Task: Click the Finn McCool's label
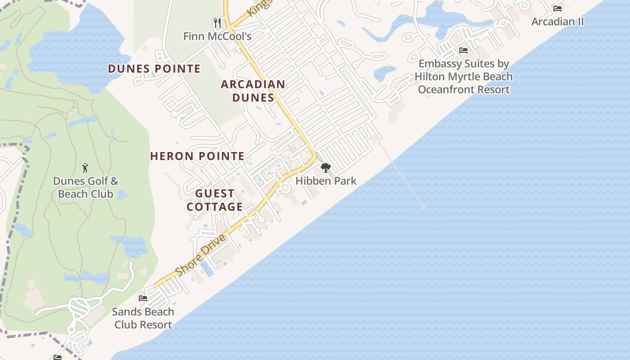pos(217,36)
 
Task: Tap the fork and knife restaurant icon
pos(217,22)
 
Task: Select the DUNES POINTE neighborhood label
pos(154,69)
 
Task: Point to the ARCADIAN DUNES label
pos(253,91)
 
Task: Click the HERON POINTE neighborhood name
pos(197,156)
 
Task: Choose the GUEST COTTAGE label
pos(215,200)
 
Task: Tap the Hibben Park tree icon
pos(325,168)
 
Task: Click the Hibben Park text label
pos(326,181)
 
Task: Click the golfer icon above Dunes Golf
pos(85,168)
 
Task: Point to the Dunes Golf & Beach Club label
pos(85,188)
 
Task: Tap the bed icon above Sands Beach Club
pos(143,298)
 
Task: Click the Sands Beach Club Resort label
pos(143,318)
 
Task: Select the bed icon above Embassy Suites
pos(463,50)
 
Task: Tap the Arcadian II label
pos(558,22)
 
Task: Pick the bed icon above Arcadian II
pos(558,9)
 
